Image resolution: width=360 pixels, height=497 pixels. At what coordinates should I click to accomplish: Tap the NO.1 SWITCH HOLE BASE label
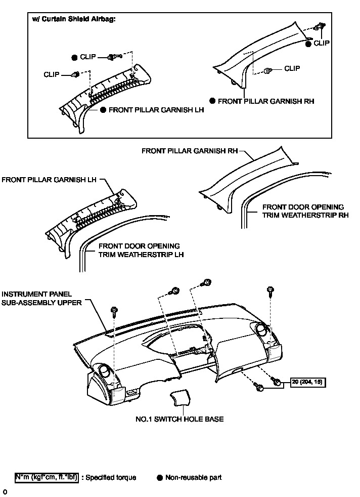click(x=179, y=419)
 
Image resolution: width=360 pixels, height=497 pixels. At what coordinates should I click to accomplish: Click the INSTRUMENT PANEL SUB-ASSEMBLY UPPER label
click(x=36, y=298)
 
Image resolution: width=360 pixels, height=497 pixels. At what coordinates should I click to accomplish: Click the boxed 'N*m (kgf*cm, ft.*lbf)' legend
click(x=47, y=477)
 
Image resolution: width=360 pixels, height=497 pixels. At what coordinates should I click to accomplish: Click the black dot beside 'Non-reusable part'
click(x=160, y=477)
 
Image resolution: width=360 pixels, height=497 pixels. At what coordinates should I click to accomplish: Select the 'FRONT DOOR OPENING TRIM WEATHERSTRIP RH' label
click(x=302, y=211)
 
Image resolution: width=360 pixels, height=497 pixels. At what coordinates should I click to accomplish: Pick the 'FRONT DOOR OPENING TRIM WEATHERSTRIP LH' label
click(x=138, y=251)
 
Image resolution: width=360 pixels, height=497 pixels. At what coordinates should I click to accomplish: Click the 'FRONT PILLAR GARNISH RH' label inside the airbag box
click(x=266, y=101)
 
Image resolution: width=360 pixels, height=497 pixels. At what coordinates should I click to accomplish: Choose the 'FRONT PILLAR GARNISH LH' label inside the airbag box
click(x=156, y=109)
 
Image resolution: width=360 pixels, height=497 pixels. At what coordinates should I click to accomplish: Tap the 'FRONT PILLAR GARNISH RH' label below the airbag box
click(x=190, y=151)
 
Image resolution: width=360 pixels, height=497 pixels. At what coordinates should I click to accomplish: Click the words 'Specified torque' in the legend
click(x=111, y=477)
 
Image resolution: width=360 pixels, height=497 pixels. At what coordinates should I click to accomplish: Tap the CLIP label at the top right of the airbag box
click(x=322, y=44)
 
